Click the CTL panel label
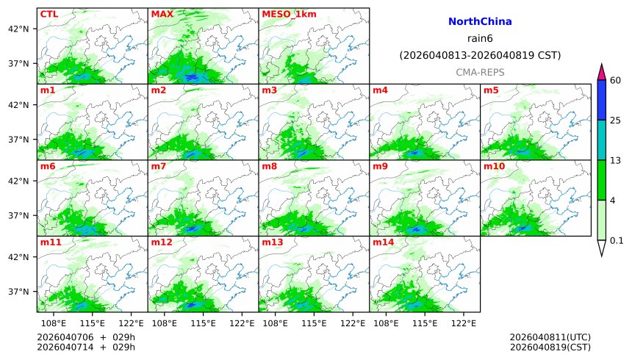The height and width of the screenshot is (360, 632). [49, 14]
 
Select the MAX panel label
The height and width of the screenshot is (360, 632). [162, 14]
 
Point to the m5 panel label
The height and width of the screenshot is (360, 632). [490, 90]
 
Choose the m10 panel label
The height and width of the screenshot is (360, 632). [493, 166]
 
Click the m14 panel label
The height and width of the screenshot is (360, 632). [382, 242]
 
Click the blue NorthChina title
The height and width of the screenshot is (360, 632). [480, 22]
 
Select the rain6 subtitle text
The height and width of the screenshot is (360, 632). [480, 39]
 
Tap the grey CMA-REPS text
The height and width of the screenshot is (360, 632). [480, 72]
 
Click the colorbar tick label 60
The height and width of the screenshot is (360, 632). [616, 80]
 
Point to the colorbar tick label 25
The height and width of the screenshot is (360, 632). [616, 120]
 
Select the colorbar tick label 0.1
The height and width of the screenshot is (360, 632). [617, 240]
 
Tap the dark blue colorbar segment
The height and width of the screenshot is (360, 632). [602, 100]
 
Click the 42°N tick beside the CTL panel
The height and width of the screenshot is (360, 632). [18, 29]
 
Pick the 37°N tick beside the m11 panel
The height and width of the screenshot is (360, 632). [18, 292]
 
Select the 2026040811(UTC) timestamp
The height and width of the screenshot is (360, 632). [550, 337]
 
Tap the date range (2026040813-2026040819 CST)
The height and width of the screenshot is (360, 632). [480, 55]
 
